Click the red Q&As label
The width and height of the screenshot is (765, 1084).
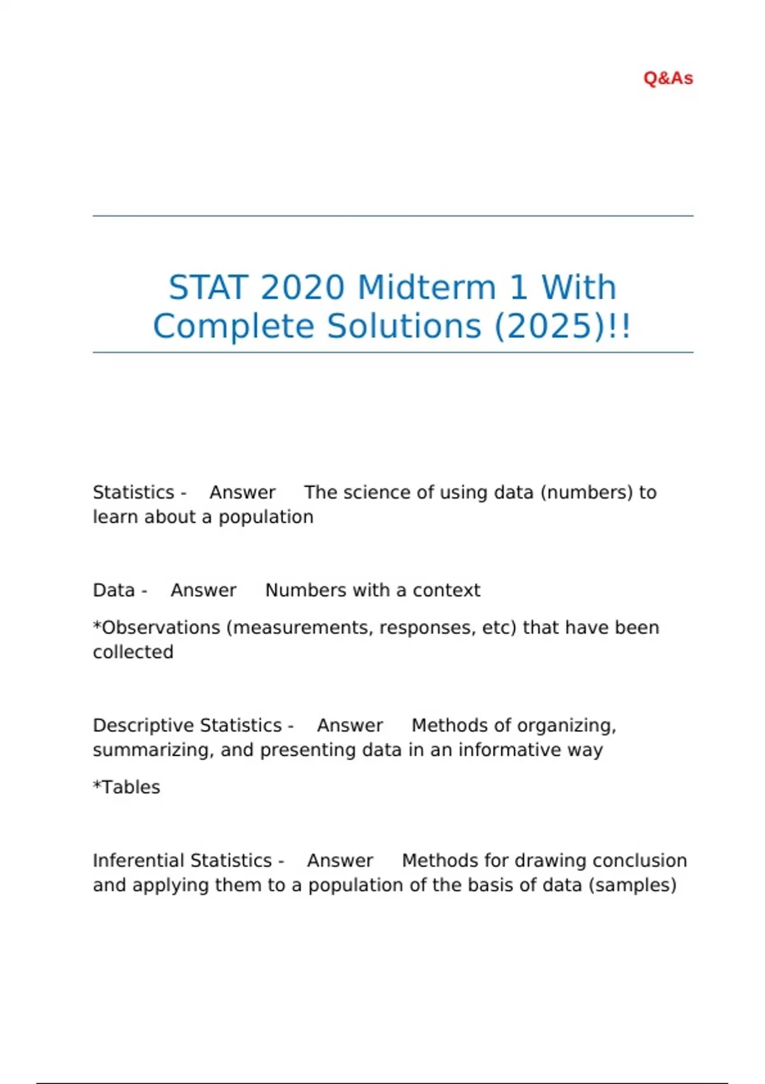point(667,78)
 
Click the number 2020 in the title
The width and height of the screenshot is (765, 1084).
point(302,288)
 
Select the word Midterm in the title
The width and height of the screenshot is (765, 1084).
point(426,288)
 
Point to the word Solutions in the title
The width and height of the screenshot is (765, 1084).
point(404,326)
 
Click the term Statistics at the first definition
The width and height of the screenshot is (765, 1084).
point(133,492)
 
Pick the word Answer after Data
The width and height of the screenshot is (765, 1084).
point(203,590)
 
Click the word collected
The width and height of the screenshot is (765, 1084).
point(133,652)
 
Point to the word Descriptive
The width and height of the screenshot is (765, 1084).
point(142,726)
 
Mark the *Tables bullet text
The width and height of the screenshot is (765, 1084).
point(126,787)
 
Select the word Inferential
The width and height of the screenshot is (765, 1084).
point(137,861)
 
